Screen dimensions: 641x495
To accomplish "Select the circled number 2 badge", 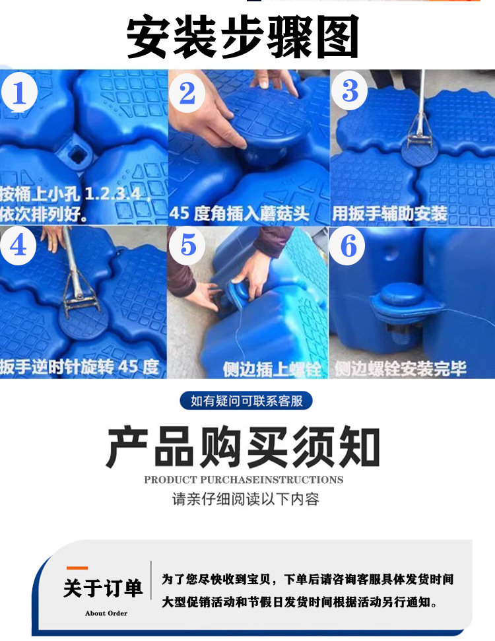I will click(x=187, y=93).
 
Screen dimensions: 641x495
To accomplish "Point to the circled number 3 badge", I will click(x=350, y=90).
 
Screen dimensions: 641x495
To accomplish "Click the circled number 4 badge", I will click(x=19, y=246).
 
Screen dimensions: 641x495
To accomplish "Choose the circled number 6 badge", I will click(x=348, y=246).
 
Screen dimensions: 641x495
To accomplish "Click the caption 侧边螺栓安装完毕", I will click(x=400, y=368).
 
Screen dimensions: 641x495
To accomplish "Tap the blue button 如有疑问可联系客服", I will click(x=246, y=401).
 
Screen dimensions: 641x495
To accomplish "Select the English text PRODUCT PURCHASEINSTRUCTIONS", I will click(x=244, y=480).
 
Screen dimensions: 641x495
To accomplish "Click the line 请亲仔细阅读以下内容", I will click(x=246, y=499).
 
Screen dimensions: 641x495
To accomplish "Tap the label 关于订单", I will click(x=104, y=588).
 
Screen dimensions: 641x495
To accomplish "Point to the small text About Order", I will click(x=106, y=613).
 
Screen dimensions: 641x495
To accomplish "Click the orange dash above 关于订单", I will click(x=77, y=568).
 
